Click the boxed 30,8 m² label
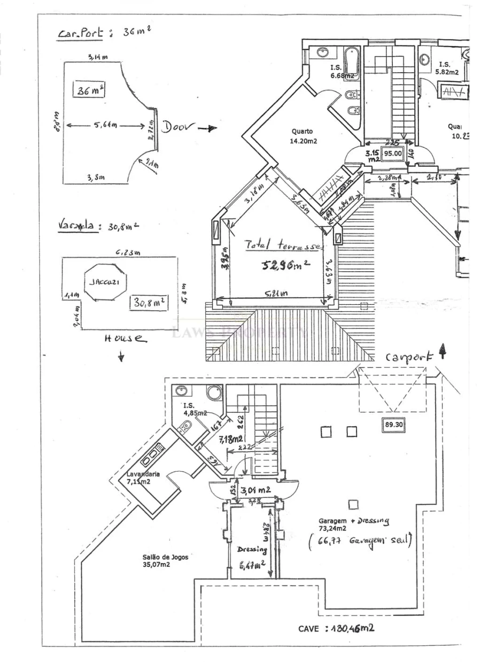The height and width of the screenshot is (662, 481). pyautogui.click(x=149, y=303)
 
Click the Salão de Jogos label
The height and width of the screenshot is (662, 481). pyautogui.click(x=166, y=560)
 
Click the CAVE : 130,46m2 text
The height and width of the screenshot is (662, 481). pyautogui.click(x=336, y=628)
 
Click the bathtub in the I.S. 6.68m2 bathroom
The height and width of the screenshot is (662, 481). pyautogui.click(x=351, y=62)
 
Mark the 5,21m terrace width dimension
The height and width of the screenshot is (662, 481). pyautogui.click(x=277, y=294)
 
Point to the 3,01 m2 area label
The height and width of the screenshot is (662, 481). pyautogui.click(x=255, y=489)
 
